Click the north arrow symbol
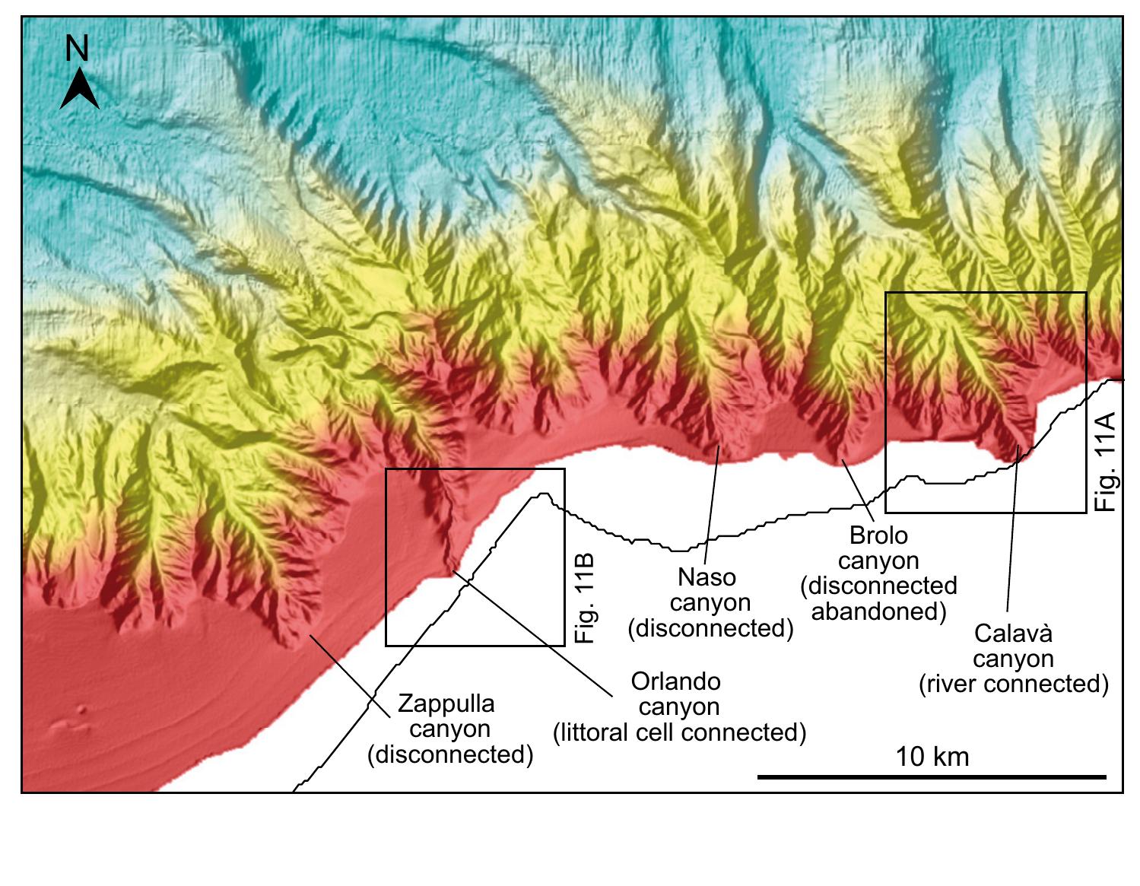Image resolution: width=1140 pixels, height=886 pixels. click(79, 89)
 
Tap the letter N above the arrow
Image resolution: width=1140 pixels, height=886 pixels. click(77, 49)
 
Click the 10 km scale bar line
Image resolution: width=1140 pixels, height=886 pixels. click(932, 776)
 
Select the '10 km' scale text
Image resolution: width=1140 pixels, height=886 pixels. click(932, 757)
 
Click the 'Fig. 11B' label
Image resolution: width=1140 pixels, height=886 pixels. click(583, 599)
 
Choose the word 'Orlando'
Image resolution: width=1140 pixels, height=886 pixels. click(676, 681)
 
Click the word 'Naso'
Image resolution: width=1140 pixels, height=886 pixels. click(707, 577)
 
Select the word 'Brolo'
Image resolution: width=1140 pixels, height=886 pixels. click(878, 535)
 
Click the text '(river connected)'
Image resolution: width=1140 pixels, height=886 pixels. click(1013, 684)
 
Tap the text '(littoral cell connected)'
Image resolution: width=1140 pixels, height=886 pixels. click(678, 732)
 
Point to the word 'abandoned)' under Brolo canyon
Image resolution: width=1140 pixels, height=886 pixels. click(878, 611)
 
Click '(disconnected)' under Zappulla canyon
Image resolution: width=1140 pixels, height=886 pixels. click(450, 754)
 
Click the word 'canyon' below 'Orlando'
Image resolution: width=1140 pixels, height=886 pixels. click(678, 707)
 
